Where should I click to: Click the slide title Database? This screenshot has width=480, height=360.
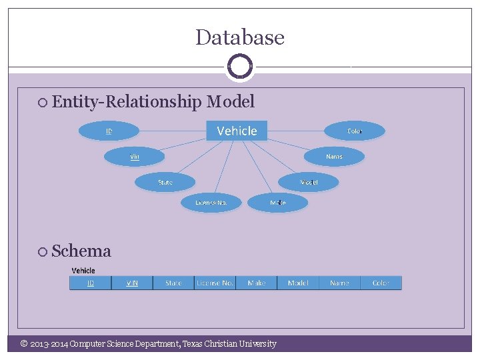[x=240, y=37]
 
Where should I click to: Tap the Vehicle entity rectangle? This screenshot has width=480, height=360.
[x=237, y=131]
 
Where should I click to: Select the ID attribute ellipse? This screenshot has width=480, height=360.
[x=109, y=131]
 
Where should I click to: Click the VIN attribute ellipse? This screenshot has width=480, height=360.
[x=134, y=156]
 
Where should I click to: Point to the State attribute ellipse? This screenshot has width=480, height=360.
[x=165, y=181]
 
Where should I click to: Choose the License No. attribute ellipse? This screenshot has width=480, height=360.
[x=211, y=202]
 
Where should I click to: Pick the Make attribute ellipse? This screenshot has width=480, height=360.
[x=278, y=202]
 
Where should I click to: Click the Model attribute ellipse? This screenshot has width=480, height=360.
[x=309, y=181]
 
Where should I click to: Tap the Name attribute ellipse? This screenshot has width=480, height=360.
[x=334, y=156]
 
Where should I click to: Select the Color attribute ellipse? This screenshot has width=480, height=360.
[x=354, y=131]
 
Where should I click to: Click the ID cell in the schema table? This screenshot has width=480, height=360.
[x=91, y=283]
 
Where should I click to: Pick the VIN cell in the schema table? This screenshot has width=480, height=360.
[x=132, y=283]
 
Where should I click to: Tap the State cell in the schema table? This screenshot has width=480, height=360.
[x=173, y=283]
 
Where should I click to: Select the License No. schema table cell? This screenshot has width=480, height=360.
[x=215, y=283]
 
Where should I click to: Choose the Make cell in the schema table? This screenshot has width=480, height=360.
[x=256, y=283]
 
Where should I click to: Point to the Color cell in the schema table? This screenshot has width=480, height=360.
[x=381, y=283]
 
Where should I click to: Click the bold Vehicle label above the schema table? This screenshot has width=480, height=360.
[x=83, y=270]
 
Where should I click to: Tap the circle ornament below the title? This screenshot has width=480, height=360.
[x=240, y=66]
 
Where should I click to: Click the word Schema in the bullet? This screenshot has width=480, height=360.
[x=81, y=251]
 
